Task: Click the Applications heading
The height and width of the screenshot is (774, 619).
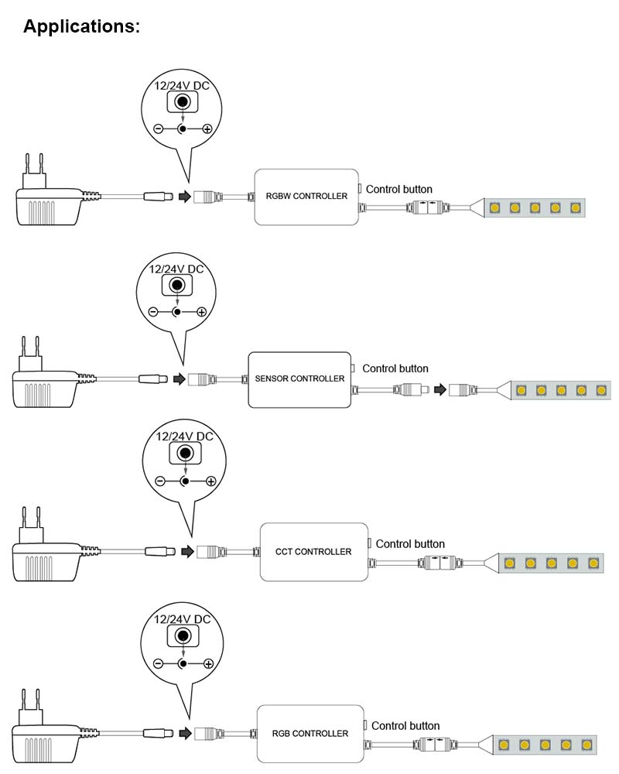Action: click(x=81, y=26)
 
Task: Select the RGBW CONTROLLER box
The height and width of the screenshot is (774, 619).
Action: click(x=306, y=197)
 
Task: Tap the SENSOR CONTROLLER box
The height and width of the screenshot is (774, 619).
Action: click(x=299, y=379)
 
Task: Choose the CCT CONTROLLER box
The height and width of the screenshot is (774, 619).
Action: click(x=313, y=552)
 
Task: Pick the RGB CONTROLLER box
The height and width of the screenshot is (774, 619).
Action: click(x=309, y=733)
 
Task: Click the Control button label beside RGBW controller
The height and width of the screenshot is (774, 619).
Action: click(x=398, y=189)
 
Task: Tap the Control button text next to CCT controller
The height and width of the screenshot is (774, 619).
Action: click(x=410, y=544)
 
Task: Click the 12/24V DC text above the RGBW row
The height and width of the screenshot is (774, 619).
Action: click(x=182, y=86)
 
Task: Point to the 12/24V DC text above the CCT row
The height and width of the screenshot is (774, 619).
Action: click(x=185, y=437)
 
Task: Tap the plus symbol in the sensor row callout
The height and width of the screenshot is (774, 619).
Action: click(x=202, y=312)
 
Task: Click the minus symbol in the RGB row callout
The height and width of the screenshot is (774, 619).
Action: click(x=158, y=664)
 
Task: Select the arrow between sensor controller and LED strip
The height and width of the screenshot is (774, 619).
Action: click(x=439, y=389)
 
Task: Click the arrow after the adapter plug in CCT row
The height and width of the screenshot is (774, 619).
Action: click(x=186, y=552)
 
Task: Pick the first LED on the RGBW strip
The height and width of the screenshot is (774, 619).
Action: click(x=494, y=207)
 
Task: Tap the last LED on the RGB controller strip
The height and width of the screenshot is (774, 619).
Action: click(x=586, y=745)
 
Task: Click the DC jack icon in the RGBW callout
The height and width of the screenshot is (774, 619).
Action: click(x=183, y=103)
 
